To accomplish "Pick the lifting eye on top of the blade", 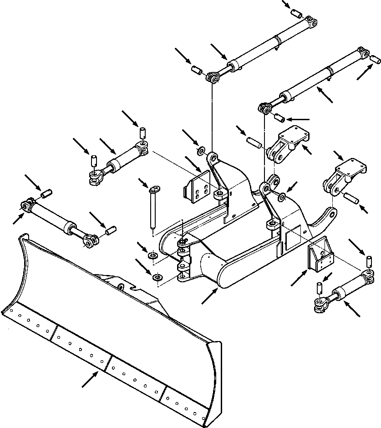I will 121,287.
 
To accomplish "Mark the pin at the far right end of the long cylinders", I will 375,59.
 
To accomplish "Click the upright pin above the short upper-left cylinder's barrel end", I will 142,133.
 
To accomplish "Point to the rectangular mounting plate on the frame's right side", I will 320,258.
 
